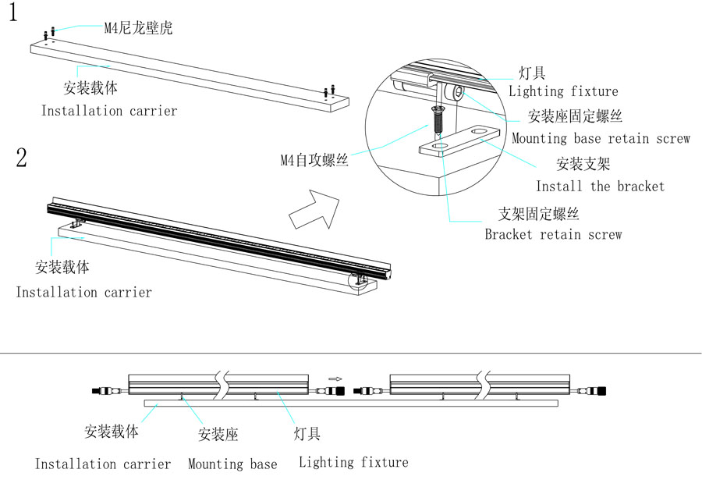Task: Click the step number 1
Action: [13, 15]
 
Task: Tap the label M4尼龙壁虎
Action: [138, 29]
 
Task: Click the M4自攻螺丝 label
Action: [314, 162]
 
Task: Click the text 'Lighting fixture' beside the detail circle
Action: [563, 91]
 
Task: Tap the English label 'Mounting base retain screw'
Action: [601, 139]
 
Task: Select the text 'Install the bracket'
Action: [600, 187]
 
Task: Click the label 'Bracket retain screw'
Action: [553, 234]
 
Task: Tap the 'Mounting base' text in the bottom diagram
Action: [232, 464]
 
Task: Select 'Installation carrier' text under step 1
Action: [109, 111]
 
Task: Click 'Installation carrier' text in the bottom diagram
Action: [103, 464]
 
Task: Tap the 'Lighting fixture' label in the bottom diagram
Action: [353, 463]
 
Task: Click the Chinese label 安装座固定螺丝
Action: [576, 117]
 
